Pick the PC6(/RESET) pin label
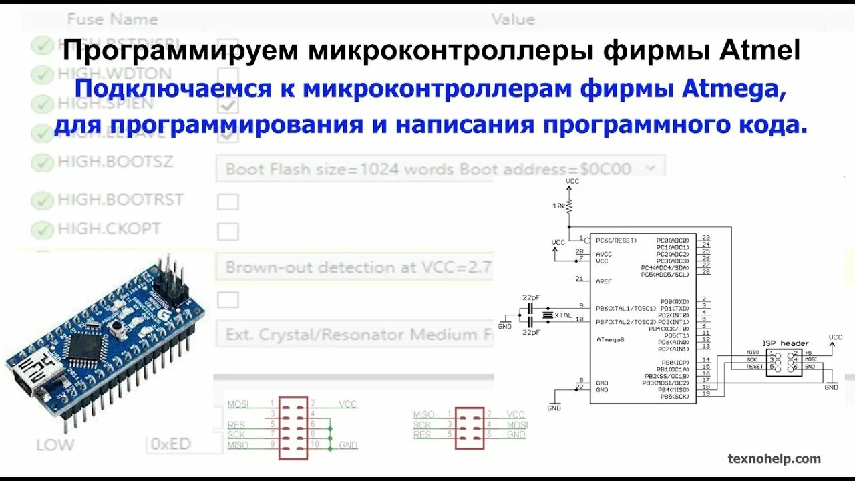tap(616, 240)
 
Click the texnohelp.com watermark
tap(774, 458)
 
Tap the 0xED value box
tap(171, 444)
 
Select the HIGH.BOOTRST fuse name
tap(120, 199)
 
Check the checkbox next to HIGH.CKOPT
tap(228, 232)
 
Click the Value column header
tap(513, 19)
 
